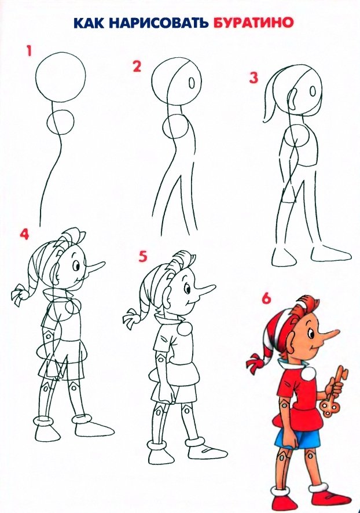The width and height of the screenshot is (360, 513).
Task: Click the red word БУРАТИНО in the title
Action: coord(252,23)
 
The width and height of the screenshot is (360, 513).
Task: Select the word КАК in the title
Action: coord(89,23)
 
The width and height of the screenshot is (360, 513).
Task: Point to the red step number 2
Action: coord(137,66)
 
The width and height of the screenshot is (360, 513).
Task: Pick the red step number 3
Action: coord(254,78)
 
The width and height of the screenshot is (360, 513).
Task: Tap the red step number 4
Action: coord(24,234)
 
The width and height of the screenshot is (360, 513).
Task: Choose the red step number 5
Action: coord(143,256)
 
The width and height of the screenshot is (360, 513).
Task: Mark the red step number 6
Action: coord(266,298)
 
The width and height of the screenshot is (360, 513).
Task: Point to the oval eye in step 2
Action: coord(192,83)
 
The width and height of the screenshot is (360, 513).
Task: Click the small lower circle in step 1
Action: coord(61,121)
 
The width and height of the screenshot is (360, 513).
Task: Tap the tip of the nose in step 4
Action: coord(104,263)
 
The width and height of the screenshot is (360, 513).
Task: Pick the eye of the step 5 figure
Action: coord(187,289)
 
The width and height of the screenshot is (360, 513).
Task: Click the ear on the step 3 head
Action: coord(293,100)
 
